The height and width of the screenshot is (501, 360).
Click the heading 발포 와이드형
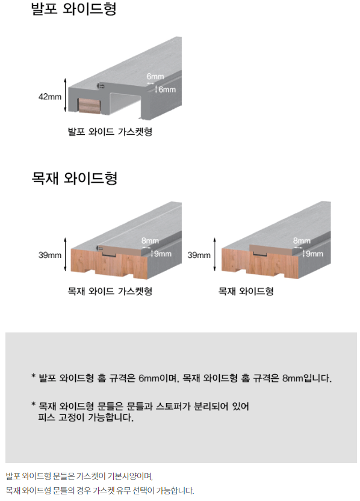click(74, 8)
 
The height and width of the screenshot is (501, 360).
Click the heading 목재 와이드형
click(75, 178)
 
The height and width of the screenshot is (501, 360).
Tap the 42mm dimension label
click(50, 96)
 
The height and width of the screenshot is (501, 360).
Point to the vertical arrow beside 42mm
click(65, 95)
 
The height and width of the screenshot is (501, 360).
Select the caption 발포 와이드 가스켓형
click(110, 132)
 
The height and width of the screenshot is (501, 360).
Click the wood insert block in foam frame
click(89, 106)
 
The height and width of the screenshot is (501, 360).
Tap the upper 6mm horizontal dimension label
click(155, 76)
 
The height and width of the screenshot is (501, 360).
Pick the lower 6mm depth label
click(167, 90)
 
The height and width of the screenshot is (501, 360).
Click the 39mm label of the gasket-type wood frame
click(50, 255)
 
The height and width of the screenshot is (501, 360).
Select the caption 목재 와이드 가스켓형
click(110, 291)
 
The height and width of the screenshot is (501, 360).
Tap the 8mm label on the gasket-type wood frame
click(151, 241)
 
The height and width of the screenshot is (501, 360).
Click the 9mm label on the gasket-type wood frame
click(163, 254)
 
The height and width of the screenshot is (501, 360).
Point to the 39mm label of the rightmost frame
click(199, 255)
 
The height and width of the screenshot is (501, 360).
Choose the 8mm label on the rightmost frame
click(302, 241)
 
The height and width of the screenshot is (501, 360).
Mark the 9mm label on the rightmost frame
click(315, 254)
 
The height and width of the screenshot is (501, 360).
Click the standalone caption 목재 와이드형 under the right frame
click(246, 291)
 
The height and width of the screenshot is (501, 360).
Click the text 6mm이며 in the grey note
click(158, 378)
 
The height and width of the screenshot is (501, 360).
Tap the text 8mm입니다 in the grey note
click(306, 378)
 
